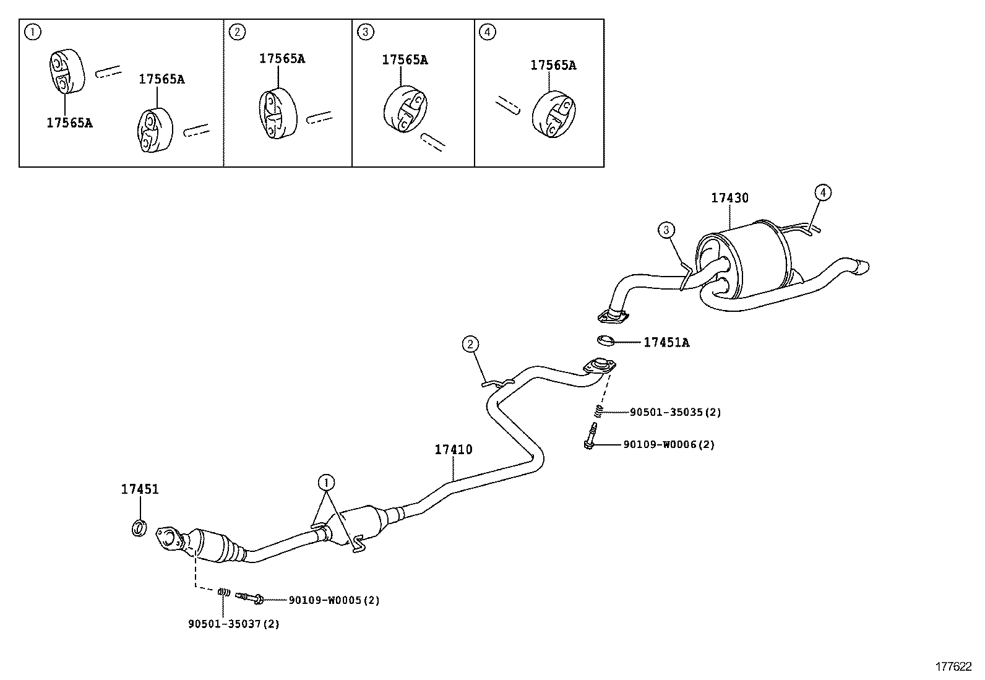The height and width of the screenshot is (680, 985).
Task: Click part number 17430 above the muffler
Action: click(729, 198)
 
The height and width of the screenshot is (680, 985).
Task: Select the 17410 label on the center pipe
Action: click(453, 449)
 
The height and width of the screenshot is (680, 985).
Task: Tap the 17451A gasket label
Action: click(666, 342)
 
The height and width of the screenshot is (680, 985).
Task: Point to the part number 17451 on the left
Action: click(139, 489)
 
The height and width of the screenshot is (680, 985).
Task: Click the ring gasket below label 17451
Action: click(140, 528)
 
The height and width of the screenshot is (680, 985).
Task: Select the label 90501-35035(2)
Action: click(675, 412)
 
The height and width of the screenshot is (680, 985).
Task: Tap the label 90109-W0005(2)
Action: click(334, 600)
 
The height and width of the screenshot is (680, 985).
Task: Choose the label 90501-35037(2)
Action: click(234, 624)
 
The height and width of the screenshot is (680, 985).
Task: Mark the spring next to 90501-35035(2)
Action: click(598, 411)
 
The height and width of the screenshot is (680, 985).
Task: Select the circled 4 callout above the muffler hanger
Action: click(822, 192)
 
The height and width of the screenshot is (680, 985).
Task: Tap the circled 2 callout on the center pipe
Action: click(470, 343)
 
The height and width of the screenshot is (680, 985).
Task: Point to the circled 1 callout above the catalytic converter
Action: click(326, 481)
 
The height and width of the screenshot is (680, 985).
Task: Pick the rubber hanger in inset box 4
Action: click(551, 113)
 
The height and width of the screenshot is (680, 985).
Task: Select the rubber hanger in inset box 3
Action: click(404, 110)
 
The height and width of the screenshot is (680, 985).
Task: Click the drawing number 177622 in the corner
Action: click(953, 666)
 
